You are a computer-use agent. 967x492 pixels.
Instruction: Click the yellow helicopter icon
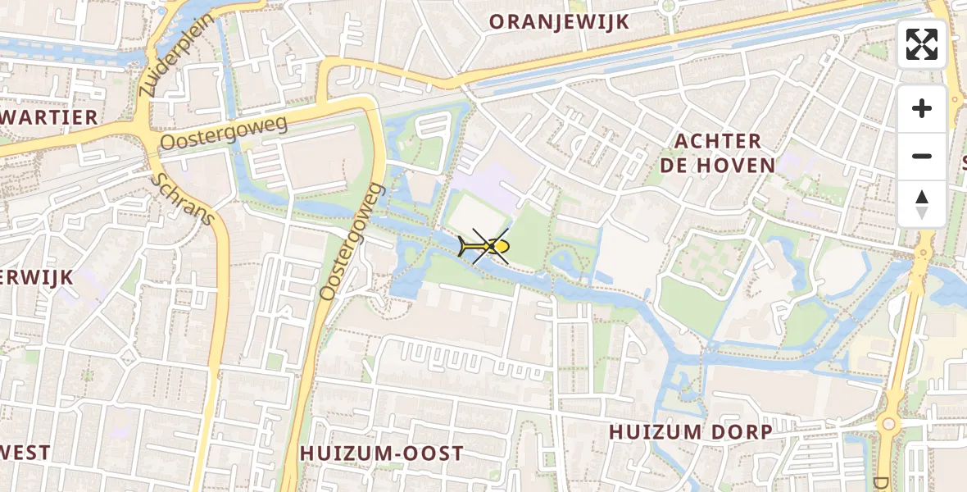486,246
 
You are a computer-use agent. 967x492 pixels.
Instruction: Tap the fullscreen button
922,44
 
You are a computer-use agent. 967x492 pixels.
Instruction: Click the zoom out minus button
922,156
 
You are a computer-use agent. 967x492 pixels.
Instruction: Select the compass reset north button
922,203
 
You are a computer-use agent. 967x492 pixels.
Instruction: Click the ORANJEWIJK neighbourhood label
560,22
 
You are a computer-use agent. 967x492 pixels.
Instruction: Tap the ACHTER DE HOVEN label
718,153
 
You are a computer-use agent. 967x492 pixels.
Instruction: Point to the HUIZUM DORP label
690,432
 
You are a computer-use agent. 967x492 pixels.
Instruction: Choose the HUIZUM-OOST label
382,453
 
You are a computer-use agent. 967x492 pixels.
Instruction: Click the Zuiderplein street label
175,55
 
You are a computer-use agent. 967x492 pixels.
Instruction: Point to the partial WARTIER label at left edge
49,118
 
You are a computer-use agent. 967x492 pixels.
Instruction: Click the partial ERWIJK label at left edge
37,277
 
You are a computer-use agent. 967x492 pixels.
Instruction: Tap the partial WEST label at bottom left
25,453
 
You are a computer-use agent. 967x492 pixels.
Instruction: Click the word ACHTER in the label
718,142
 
